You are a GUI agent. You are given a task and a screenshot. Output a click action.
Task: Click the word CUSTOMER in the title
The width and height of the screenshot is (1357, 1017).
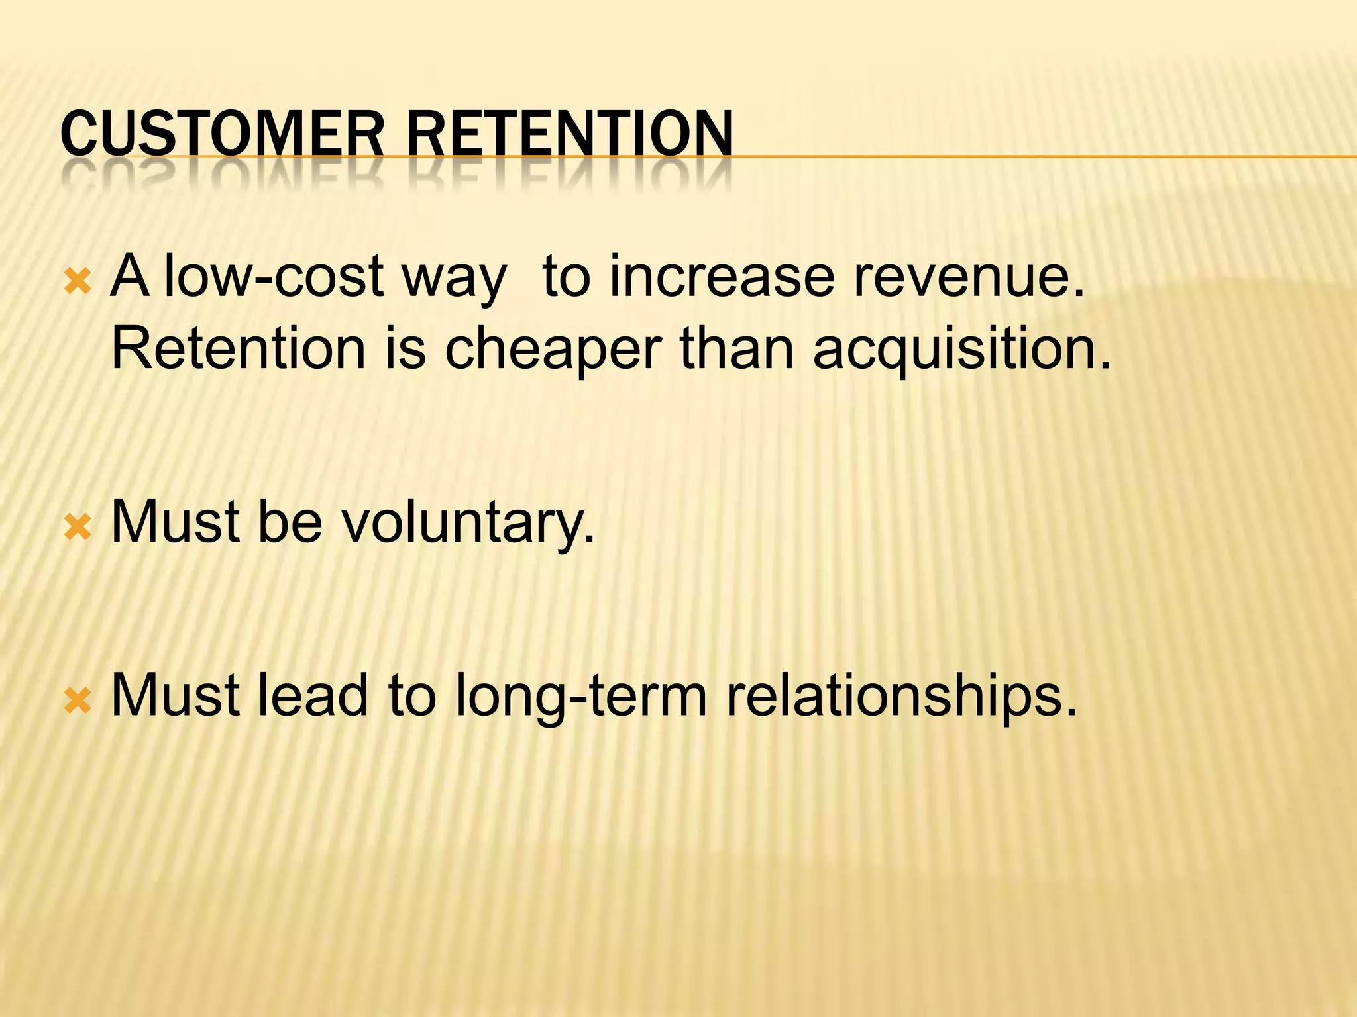click(x=222, y=134)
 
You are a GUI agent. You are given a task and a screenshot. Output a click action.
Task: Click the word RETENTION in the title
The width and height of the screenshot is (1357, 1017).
click(x=570, y=134)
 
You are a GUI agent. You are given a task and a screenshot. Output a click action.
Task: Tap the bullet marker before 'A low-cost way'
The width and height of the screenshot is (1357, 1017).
click(x=77, y=283)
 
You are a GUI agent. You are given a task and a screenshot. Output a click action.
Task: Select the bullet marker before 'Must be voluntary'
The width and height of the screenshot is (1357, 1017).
click(x=77, y=528)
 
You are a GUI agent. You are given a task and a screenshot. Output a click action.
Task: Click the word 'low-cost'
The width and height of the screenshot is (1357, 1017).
click(x=274, y=277)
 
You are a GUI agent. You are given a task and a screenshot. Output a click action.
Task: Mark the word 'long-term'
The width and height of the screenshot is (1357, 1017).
click(x=580, y=697)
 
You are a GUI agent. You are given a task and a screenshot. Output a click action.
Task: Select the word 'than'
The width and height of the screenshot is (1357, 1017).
click(x=736, y=349)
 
